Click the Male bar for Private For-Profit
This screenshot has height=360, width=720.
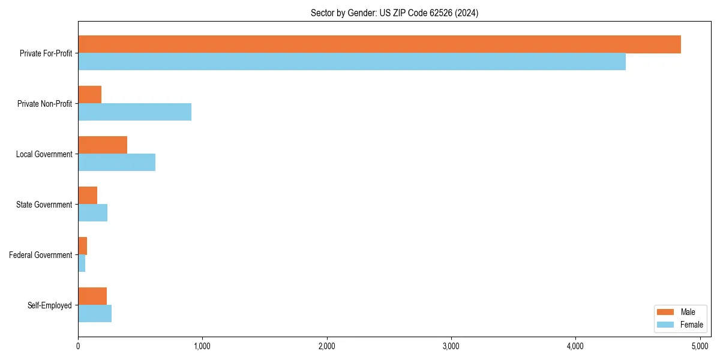tap(379, 44)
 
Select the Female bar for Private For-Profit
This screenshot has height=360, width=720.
tap(352, 62)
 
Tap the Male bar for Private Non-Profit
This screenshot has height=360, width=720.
tap(90, 95)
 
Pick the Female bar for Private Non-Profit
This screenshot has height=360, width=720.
tap(134, 112)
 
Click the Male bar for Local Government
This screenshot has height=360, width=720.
tap(103, 145)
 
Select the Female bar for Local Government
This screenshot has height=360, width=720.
tap(116, 163)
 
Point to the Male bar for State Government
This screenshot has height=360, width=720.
tap(88, 196)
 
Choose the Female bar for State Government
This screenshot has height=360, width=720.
tap(92, 213)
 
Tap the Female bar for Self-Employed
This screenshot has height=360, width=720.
tap(95, 314)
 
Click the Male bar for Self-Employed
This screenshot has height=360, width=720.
tap(92, 296)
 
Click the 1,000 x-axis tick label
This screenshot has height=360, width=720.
tap(202, 346)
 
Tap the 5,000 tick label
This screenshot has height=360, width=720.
tap(700, 346)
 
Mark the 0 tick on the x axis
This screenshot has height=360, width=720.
tap(78, 346)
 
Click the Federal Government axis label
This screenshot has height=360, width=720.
tap(41, 255)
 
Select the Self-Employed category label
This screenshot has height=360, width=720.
tap(50, 305)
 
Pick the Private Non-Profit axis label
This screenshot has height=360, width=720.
tap(46, 104)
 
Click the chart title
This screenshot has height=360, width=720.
tap(394, 13)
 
